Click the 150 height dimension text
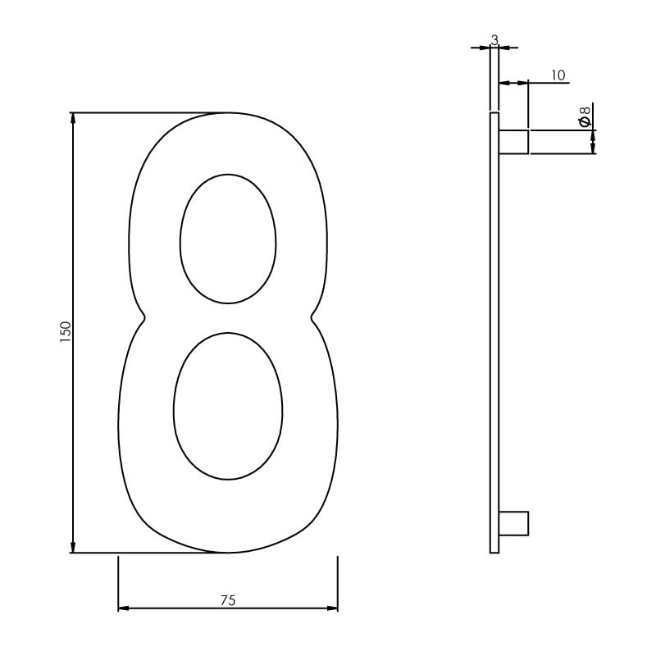[x=66, y=331]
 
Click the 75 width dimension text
[x=228, y=600]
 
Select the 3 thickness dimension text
[x=494, y=39]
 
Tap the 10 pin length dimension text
[x=558, y=75]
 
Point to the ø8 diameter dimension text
[x=585, y=116]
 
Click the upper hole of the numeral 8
[x=228, y=239]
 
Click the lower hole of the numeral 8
[x=228, y=406]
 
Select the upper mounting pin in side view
[x=513, y=141]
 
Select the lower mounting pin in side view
[x=513, y=523]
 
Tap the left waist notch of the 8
[x=144, y=317]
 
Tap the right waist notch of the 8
[x=312, y=317]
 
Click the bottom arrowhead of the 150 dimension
[x=74, y=547]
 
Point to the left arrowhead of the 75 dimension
[x=124, y=608]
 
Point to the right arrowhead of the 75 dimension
[x=332, y=608]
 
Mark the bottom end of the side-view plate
[x=494, y=551]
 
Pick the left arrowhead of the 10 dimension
[x=503, y=83]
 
